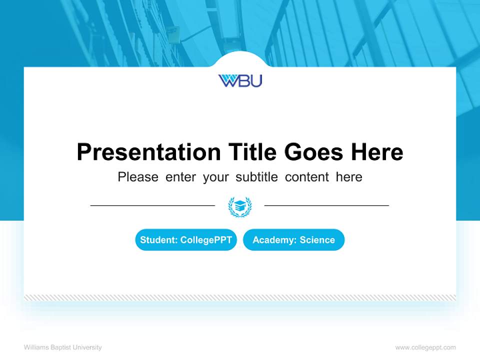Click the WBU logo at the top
[240, 80]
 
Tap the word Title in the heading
[252, 152]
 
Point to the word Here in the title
[376, 152]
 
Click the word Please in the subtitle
[138, 177]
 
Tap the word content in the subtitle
[307, 177]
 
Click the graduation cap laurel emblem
[240, 206]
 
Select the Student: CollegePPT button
[186, 240]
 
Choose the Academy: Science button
[293, 240]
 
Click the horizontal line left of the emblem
[152, 205]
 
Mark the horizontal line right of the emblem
[326, 205]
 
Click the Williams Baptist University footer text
[63, 347]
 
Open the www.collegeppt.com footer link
[425, 347]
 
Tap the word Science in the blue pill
[317, 240]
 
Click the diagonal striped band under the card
[240, 297]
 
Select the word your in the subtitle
[216, 177]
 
